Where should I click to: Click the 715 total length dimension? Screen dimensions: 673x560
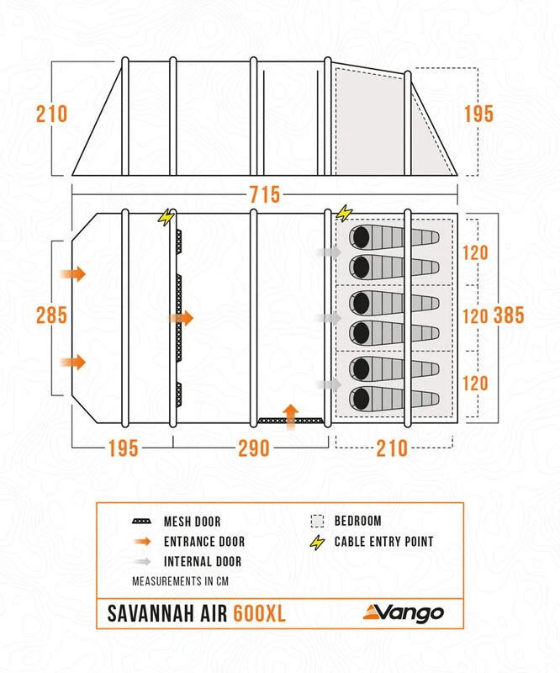pyautogui.click(x=264, y=194)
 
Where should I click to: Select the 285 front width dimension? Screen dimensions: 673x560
pyautogui.click(x=51, y=316)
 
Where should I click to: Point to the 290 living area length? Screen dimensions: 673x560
pyautogui.click(x=253, y=448)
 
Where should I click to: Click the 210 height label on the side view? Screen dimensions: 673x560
pyautogui.click(x=51, y=114)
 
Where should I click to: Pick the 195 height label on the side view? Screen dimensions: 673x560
pyautogui.click(x=478, y=114)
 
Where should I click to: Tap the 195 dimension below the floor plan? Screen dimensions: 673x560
pyautogui.click(x=123, y=448)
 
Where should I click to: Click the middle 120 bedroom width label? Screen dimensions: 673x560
pyautogui.click(x=475, y=316)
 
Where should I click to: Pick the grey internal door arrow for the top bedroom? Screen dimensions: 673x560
pyautogui.click(x=327, y=252)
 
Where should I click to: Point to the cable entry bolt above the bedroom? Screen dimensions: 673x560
pyautogui.click(x=343, y=213)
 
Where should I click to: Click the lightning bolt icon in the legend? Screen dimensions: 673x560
pyautogui.click(x=317, y=542)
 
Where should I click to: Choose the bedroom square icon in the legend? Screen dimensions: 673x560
pyautogui.click(x=317, y=522)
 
